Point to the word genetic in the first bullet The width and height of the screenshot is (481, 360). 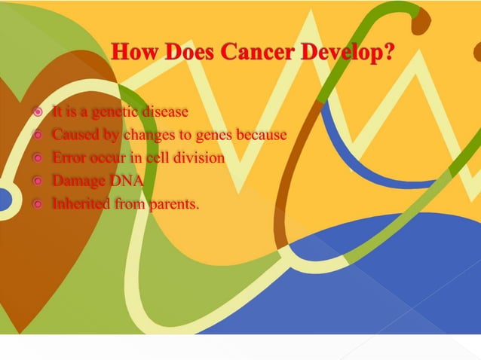(x=107, y=113)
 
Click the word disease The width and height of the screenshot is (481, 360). (x=163, y=113)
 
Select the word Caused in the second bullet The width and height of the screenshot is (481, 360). (x=72, y=136)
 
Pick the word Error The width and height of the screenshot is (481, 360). (x=69, y=158)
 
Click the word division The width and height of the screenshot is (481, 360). (x=200, y=158)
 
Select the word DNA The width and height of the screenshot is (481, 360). (x=124, y=181)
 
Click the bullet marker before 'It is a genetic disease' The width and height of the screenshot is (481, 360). (x=38, y=114)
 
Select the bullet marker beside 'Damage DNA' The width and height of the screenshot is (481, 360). (x=38, y=182)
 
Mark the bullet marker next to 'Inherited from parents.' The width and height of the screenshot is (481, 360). (x=38, y=204)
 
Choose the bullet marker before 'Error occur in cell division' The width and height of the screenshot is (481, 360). (x=38, y=159)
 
